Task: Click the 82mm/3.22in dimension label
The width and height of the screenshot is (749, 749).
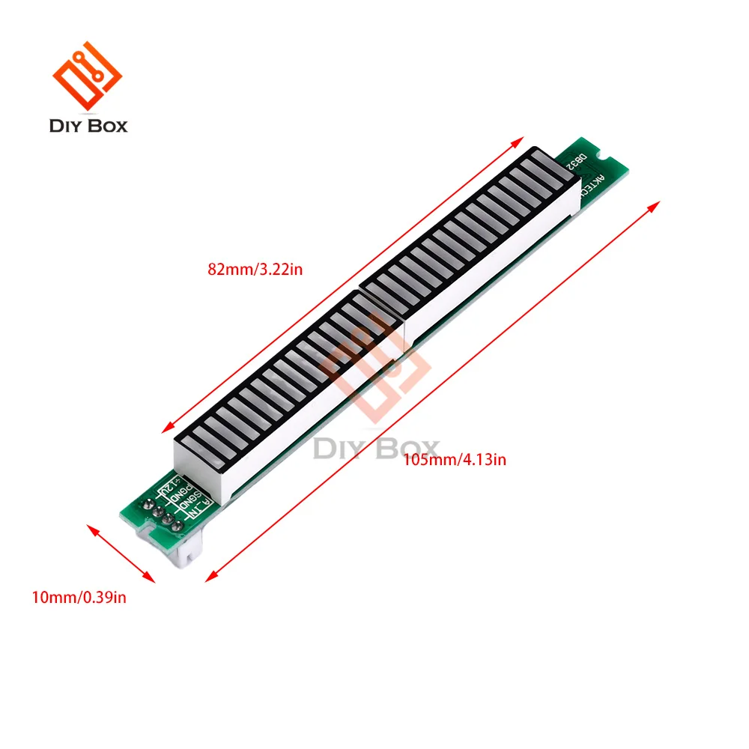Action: (x=256, y=269)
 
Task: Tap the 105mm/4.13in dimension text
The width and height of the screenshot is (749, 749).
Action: (x=454, y=460)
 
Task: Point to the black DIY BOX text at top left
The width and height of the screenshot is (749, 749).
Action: (x=88, y=125)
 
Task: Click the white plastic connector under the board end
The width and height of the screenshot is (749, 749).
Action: (x=188, y=554)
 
